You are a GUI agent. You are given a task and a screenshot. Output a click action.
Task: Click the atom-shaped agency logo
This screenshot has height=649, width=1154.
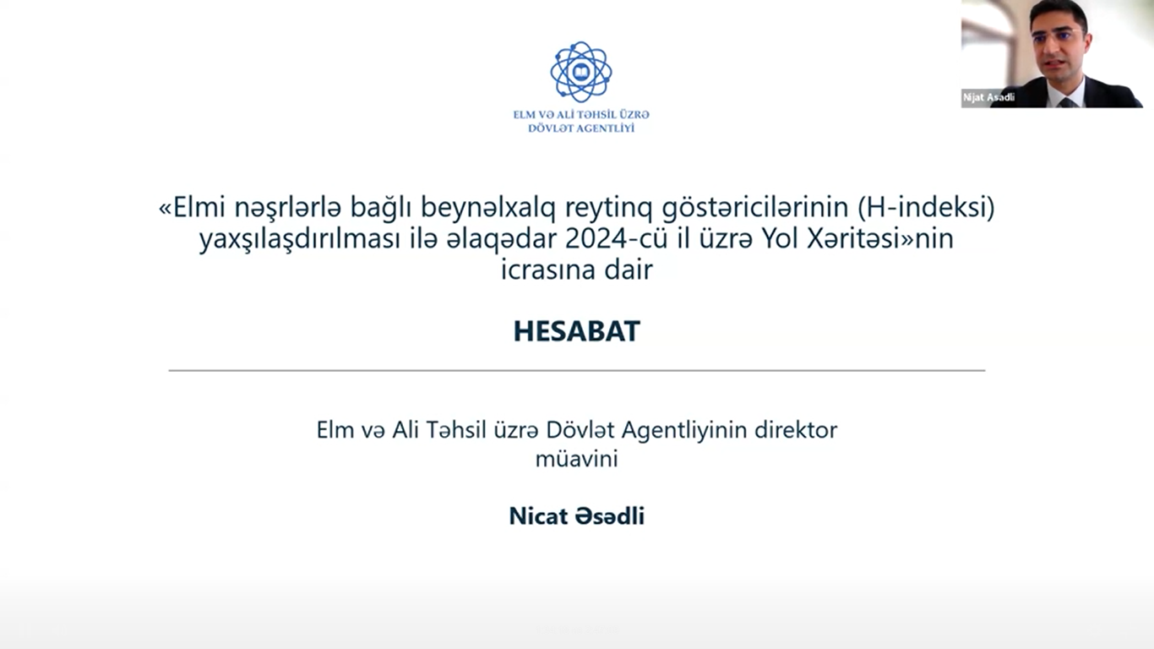[581, 72]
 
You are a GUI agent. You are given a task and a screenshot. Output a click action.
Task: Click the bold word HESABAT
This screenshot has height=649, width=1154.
[576, 331]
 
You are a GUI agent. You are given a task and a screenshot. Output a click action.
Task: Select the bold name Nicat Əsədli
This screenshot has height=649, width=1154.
[576, 516]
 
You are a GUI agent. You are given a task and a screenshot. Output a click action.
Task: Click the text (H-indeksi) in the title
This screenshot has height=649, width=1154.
[926, 208]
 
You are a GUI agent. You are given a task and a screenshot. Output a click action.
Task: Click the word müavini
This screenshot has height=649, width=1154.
[576, 459]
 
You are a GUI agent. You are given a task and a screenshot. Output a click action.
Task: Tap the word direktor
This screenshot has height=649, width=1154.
[796, 430]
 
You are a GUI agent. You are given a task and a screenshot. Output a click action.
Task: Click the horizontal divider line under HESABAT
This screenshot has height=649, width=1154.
[576, 370]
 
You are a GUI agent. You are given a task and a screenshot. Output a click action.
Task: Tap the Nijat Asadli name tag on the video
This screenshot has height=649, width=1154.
[988, 97]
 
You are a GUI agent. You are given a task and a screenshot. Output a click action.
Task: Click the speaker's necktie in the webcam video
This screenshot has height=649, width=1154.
[1066, 102]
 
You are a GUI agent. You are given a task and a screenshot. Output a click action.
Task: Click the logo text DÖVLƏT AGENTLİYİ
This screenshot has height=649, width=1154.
[581, 128]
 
